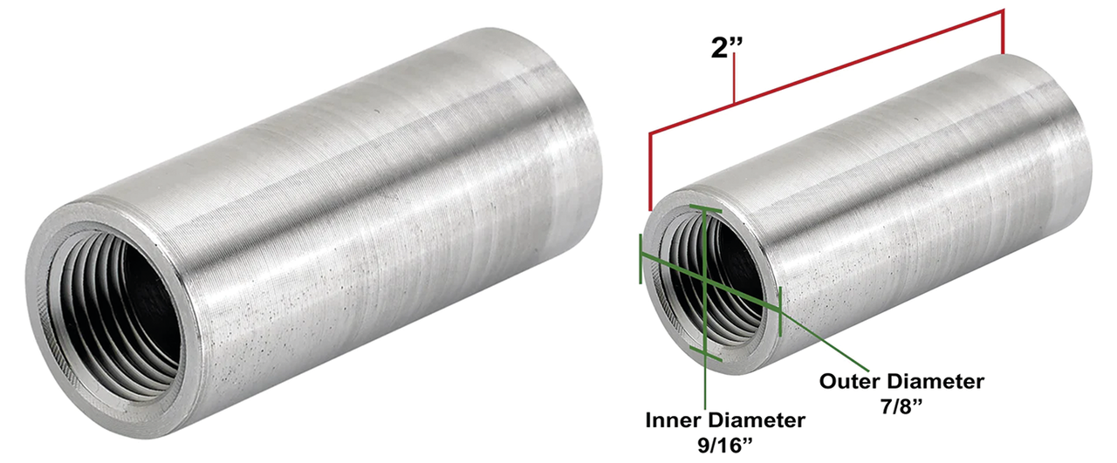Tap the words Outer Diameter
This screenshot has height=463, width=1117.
coord(901,381)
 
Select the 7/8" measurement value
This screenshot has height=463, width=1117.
coord(901,405)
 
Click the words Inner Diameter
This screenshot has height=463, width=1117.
coord(725,420)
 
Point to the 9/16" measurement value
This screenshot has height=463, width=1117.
coord(725,444)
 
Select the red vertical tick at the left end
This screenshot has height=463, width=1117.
coord(650,170)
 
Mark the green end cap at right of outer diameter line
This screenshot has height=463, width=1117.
coord(778,310)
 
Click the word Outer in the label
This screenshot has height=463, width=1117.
coord(852,381)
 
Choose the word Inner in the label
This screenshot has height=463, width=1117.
coord(675,420)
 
